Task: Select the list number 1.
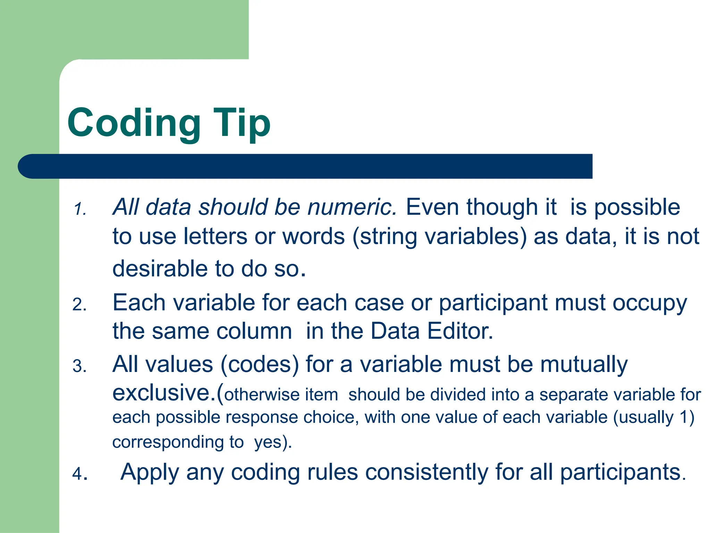[80, 209]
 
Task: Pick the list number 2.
[80, 305]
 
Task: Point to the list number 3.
[80, 366]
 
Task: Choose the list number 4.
[80, 474]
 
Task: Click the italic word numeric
[352, 207]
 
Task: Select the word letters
[215, 236]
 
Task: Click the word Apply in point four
[150, 473]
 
